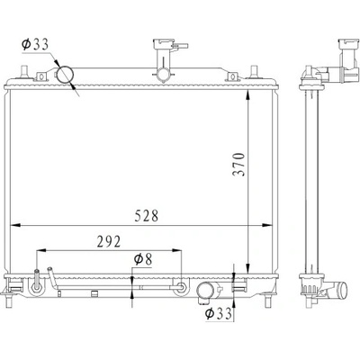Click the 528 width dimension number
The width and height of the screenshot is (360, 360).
coord(146,216)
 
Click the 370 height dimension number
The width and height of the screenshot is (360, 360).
coord(239,165)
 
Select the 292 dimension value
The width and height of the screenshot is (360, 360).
coord(109,241)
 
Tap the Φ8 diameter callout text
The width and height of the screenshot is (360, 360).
coord(143,259)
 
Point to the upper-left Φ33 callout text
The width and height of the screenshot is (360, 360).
coord(35,44)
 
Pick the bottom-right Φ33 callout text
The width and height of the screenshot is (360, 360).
coord(219,313)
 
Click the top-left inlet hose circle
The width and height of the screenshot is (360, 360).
coord(65,75)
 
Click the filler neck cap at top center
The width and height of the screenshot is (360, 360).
coord(164,44)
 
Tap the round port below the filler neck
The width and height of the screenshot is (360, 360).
coord(164,74)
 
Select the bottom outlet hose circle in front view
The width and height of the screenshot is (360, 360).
coord(205,291)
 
